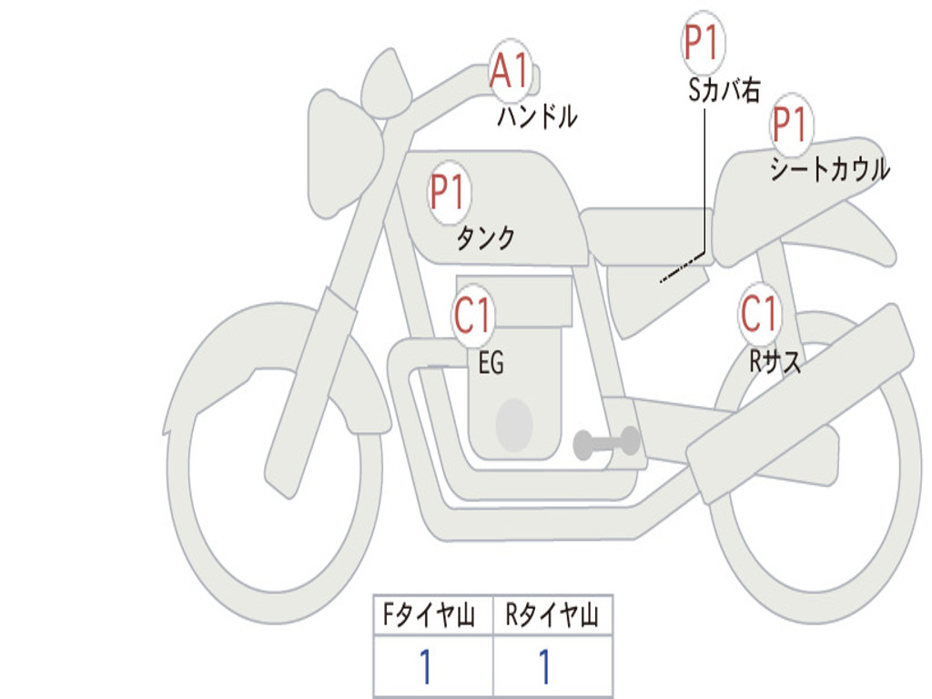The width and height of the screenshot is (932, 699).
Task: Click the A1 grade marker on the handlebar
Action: [x=510, y=70]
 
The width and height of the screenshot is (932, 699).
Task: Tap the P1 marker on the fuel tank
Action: [x=449, y=192]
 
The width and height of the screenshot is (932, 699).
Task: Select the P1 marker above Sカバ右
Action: [x=704, y=42]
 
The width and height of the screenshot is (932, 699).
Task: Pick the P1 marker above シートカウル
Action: [x=792, y=125]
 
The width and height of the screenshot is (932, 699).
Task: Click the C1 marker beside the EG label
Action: [x=473, y=314]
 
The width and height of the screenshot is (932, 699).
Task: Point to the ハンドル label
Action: [x=537, y=116]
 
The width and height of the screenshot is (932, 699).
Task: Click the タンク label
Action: [x=486, y=238]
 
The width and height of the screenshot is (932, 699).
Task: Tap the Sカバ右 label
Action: [x=724, y=90]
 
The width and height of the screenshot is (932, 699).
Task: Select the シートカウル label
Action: [x=830, y=168]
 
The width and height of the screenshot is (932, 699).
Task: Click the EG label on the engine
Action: [x=491, y=362]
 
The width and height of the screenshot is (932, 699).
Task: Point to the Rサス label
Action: [x=775, y=360]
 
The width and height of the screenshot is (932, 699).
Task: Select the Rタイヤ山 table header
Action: [x=552, y=614]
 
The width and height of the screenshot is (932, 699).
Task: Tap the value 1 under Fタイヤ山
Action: [x=426, y=665]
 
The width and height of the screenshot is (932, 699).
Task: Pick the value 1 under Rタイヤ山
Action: [x=544, y=665]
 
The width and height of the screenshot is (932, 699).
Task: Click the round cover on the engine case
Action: [x=514, y=424]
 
